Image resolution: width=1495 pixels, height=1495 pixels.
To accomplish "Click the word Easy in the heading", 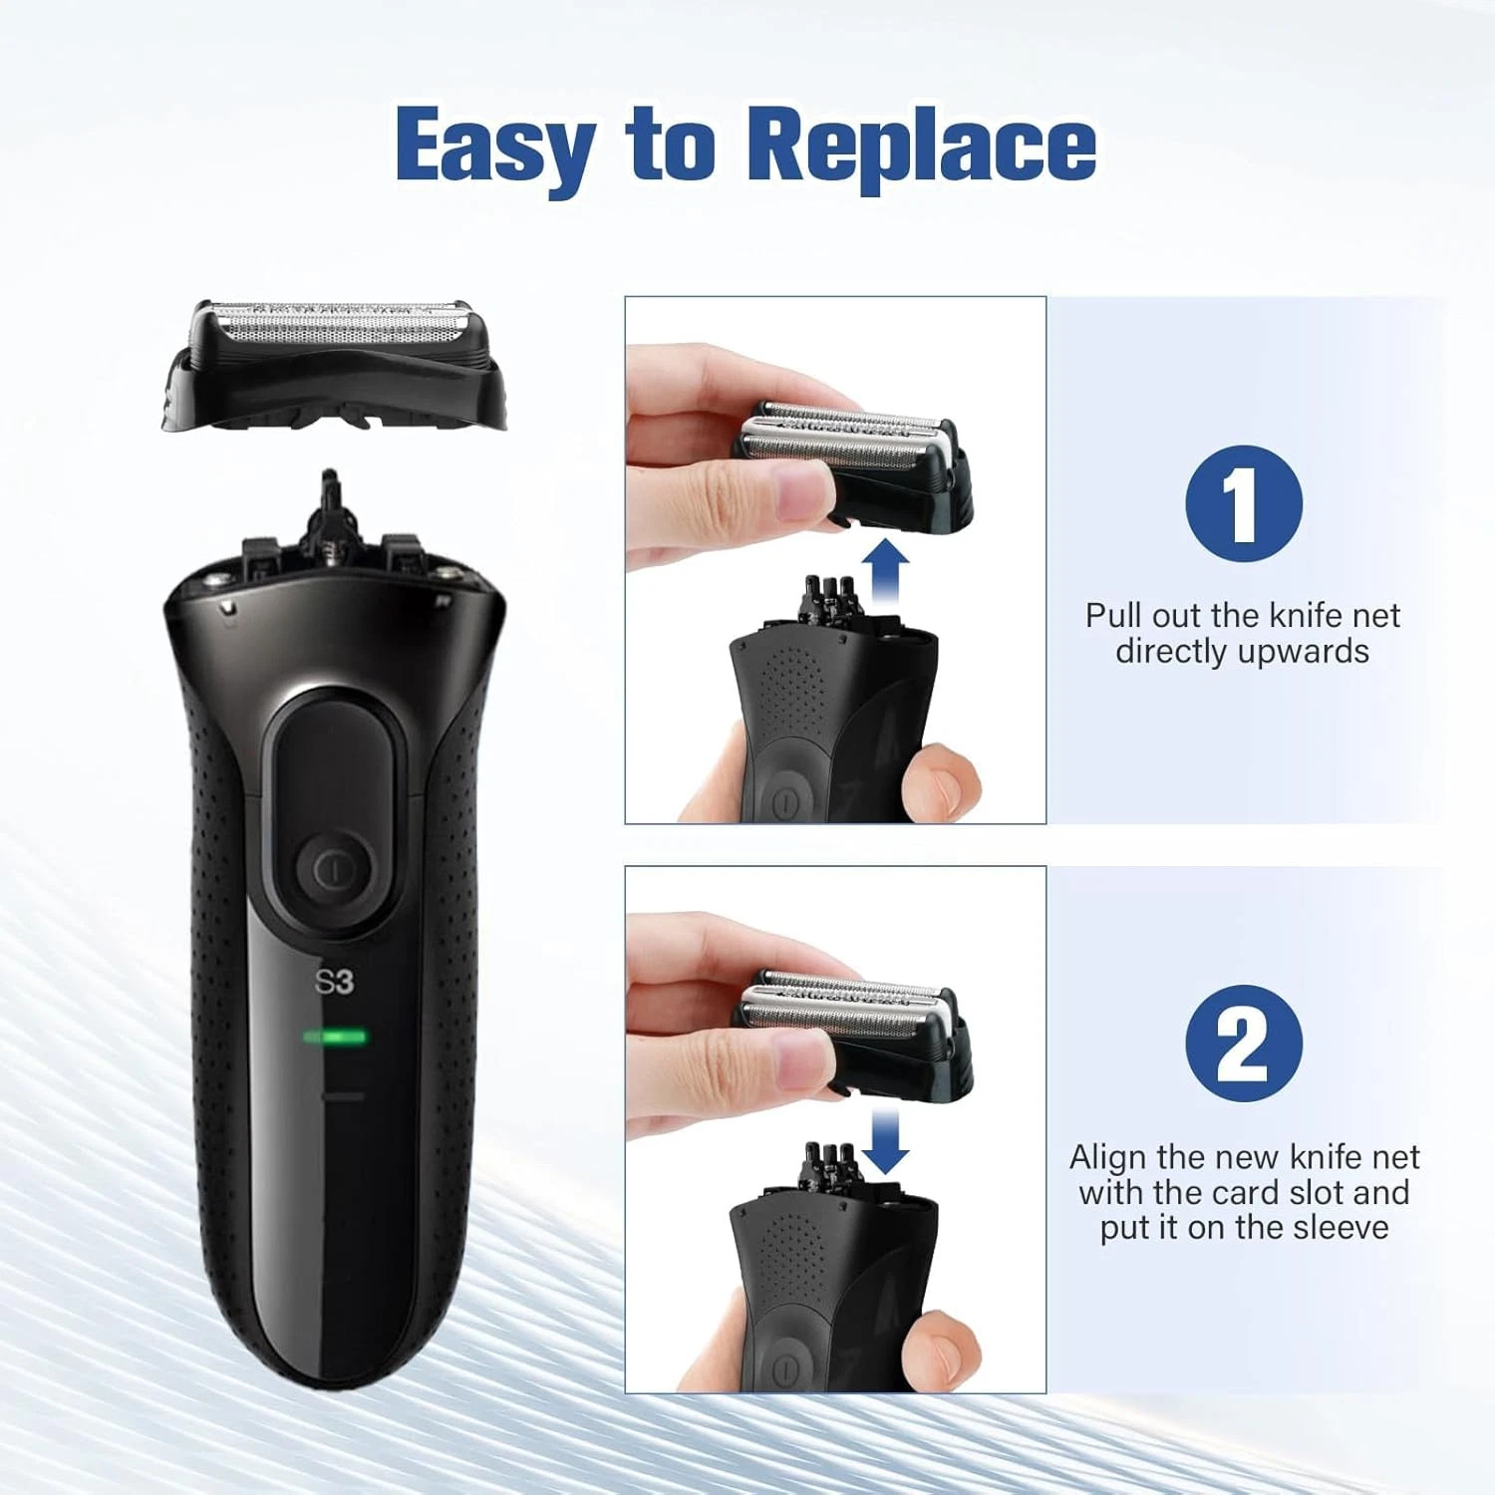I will coord(495,147).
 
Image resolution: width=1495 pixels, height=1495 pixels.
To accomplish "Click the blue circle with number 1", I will coord(1243,503).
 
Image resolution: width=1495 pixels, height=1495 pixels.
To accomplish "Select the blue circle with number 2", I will coord(1243,1043).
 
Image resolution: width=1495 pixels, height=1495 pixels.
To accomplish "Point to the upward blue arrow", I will coord(884,571).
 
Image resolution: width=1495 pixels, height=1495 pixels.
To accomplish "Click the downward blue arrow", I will coord(884,1139).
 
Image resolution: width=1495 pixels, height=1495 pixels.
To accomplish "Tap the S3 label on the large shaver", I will coord(335,982).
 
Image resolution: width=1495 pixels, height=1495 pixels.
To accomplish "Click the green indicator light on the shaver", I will coord(335,1038).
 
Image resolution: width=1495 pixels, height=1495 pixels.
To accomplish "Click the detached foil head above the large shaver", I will coord(334,364).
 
